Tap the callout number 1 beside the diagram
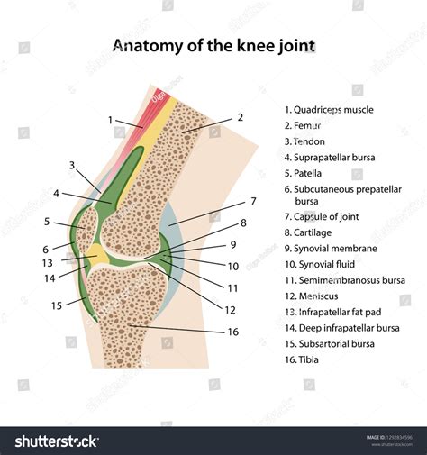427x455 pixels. (110, 120)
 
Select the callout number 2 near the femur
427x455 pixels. (240, 117)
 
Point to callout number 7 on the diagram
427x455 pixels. (253, 201)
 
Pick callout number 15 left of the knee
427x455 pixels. (56, 305)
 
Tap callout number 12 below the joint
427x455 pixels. (230, 310)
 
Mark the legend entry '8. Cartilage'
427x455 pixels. (312, 232)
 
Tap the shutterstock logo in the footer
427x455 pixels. (56, 441)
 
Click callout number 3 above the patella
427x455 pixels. (71, 165)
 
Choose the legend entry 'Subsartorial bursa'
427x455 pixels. (328, 343)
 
